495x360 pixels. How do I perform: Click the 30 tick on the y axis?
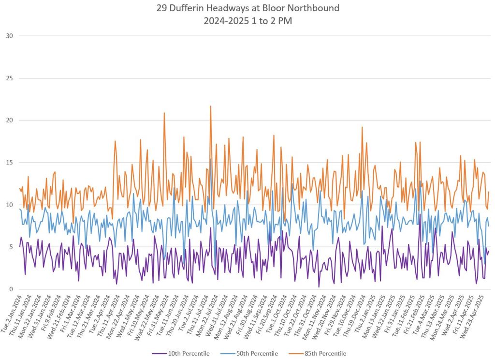coord(9,36)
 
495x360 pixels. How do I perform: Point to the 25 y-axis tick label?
coord(9,78)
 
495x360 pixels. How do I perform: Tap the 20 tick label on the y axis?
coord(9,120)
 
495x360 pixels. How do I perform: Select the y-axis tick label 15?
coord(9,163)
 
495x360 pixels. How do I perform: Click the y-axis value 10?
coord(9,205)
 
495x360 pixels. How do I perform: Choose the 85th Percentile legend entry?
coord(317,354)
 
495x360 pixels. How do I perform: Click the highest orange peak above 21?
coord(211,106)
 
